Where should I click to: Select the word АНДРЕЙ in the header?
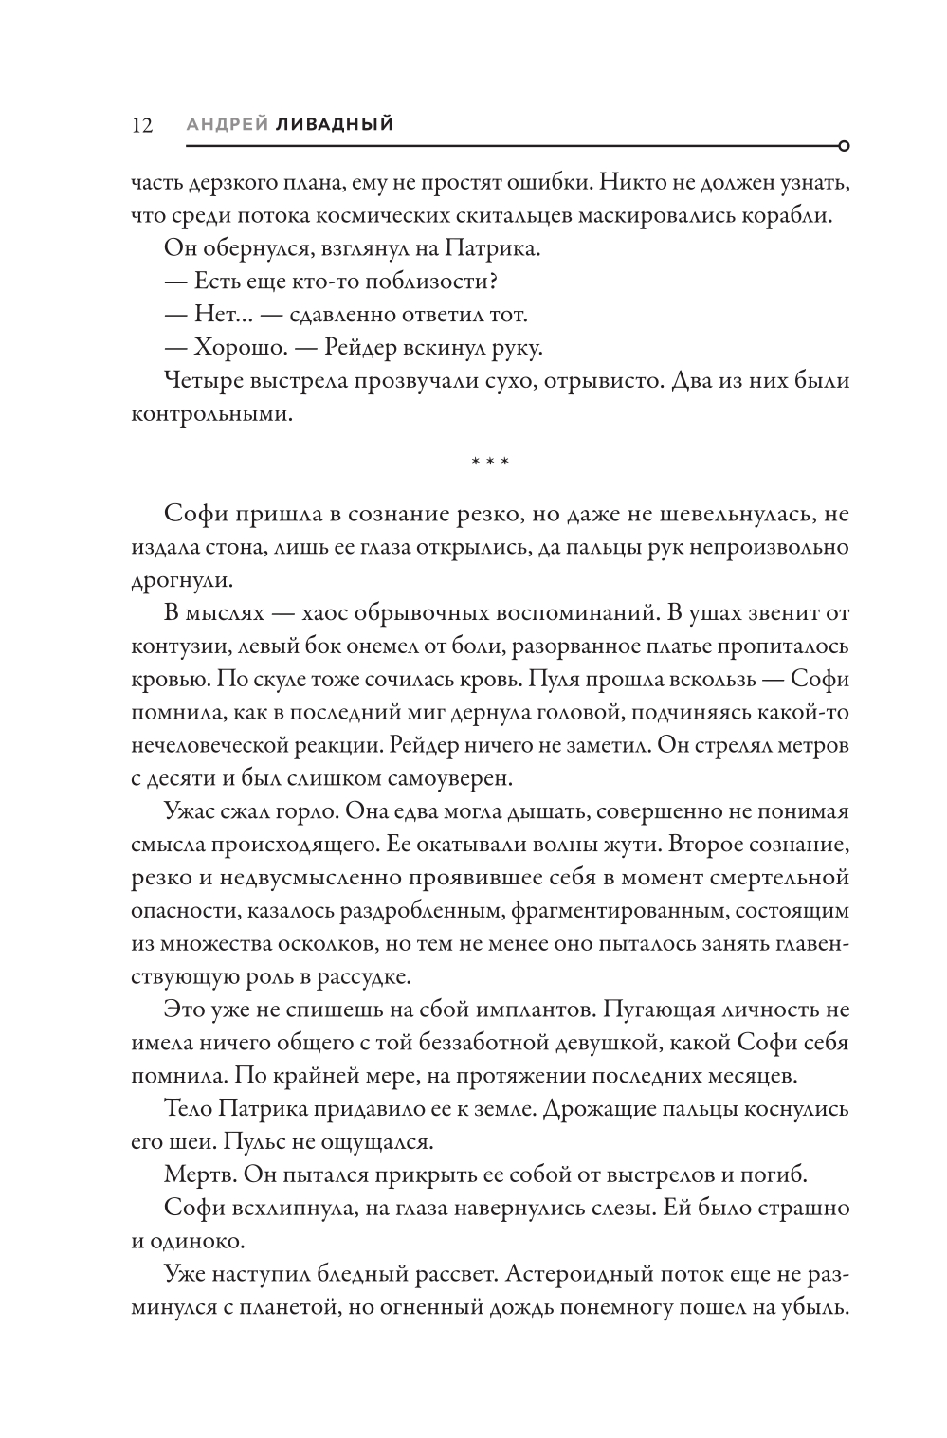[x=227, y=123]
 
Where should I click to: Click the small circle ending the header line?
[x=844, y=146]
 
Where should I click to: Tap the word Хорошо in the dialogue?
[x=238, y=348]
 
